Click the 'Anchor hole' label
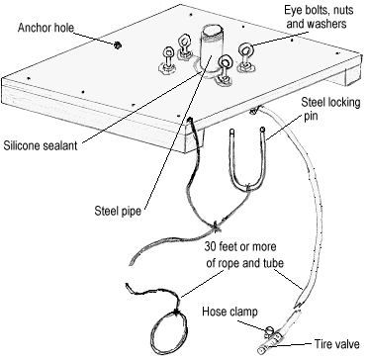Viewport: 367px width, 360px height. (46, 28)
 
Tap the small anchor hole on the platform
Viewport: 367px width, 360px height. (117, 45)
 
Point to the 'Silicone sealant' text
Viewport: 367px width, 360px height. (41, 145)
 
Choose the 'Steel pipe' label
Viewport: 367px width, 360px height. (118, 211)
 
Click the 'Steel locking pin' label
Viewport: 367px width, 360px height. (330, 109)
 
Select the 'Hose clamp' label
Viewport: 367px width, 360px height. (229, 312)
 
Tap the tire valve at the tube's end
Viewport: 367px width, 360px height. (266, 347)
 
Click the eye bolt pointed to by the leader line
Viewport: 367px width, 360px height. (246, 56)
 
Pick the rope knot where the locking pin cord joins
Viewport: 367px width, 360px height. (216, 225)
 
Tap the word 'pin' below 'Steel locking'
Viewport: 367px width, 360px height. (311, 116)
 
